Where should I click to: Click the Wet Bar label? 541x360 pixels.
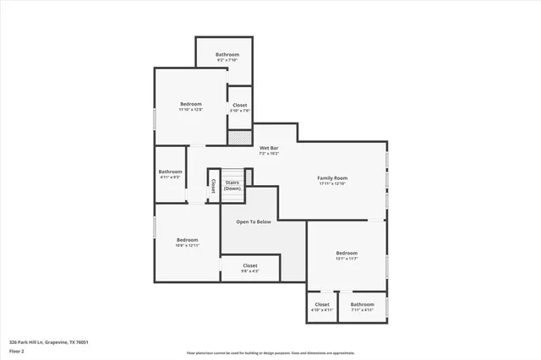point(269,149)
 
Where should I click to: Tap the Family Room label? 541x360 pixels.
point(332,178)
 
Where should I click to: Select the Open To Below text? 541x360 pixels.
point(253,222)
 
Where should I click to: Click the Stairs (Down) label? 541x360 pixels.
point(232,185)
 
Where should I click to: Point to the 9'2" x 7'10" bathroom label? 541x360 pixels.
point(227,55)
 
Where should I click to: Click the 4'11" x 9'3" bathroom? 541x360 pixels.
point(170,174)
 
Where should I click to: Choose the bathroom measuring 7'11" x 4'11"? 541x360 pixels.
point(362,307)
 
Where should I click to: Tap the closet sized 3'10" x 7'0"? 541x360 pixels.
point(239,108)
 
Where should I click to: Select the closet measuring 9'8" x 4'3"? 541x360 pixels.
point(249,268)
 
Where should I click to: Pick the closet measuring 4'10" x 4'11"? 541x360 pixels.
point(322,307)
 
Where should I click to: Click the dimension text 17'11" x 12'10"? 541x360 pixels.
point(332,183)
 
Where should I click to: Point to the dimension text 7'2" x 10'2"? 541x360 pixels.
point(269,154)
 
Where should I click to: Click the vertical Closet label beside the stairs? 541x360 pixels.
point(214,185)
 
